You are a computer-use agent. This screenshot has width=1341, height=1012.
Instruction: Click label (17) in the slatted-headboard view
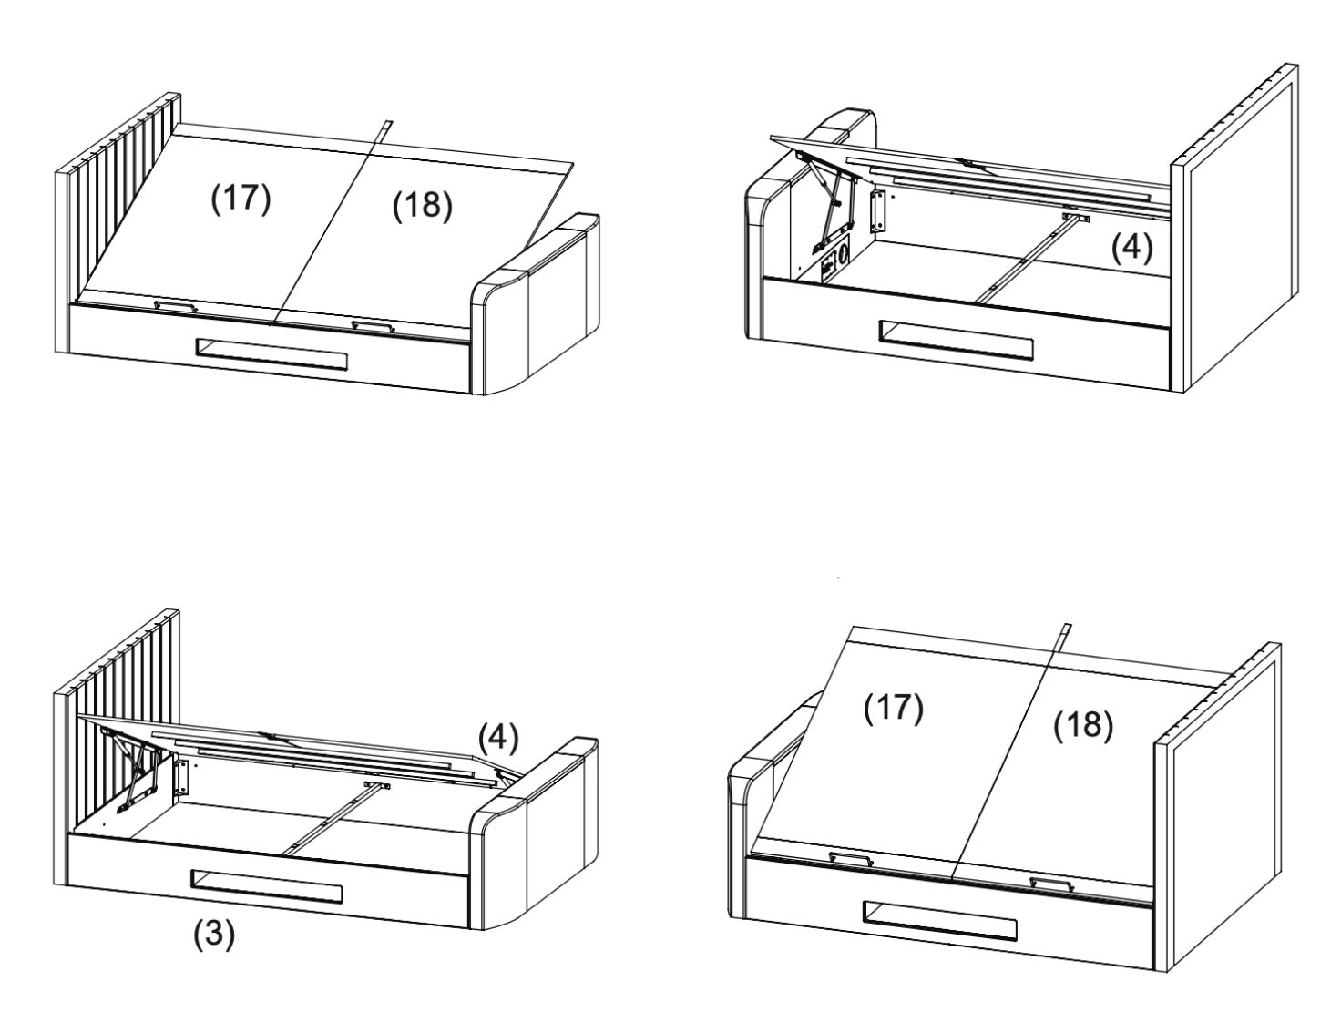point(241,199)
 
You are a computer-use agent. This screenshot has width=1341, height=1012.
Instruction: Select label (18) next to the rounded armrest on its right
point(422,207)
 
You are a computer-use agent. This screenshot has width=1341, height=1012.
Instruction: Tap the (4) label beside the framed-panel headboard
point(1131,248)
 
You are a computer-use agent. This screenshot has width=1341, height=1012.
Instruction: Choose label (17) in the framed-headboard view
point(894,708)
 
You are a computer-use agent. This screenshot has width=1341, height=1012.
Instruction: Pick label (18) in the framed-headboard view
point(1083,725)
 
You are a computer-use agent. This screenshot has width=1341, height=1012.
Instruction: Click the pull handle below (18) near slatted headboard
point(373,325)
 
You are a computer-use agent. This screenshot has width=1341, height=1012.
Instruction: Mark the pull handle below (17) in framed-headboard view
point(850,858)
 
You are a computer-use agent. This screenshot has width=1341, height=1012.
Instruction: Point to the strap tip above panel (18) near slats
point(386,124)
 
